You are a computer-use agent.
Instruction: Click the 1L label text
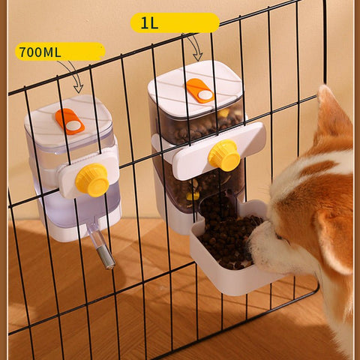point(149,23)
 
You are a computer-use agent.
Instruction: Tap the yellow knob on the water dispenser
point(93,181)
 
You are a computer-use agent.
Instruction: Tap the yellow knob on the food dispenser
point(223,155)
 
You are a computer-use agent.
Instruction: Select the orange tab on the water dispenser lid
point(70,121)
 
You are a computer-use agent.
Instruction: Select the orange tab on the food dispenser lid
point(199,90)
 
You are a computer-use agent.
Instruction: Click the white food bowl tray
point(225,277)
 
